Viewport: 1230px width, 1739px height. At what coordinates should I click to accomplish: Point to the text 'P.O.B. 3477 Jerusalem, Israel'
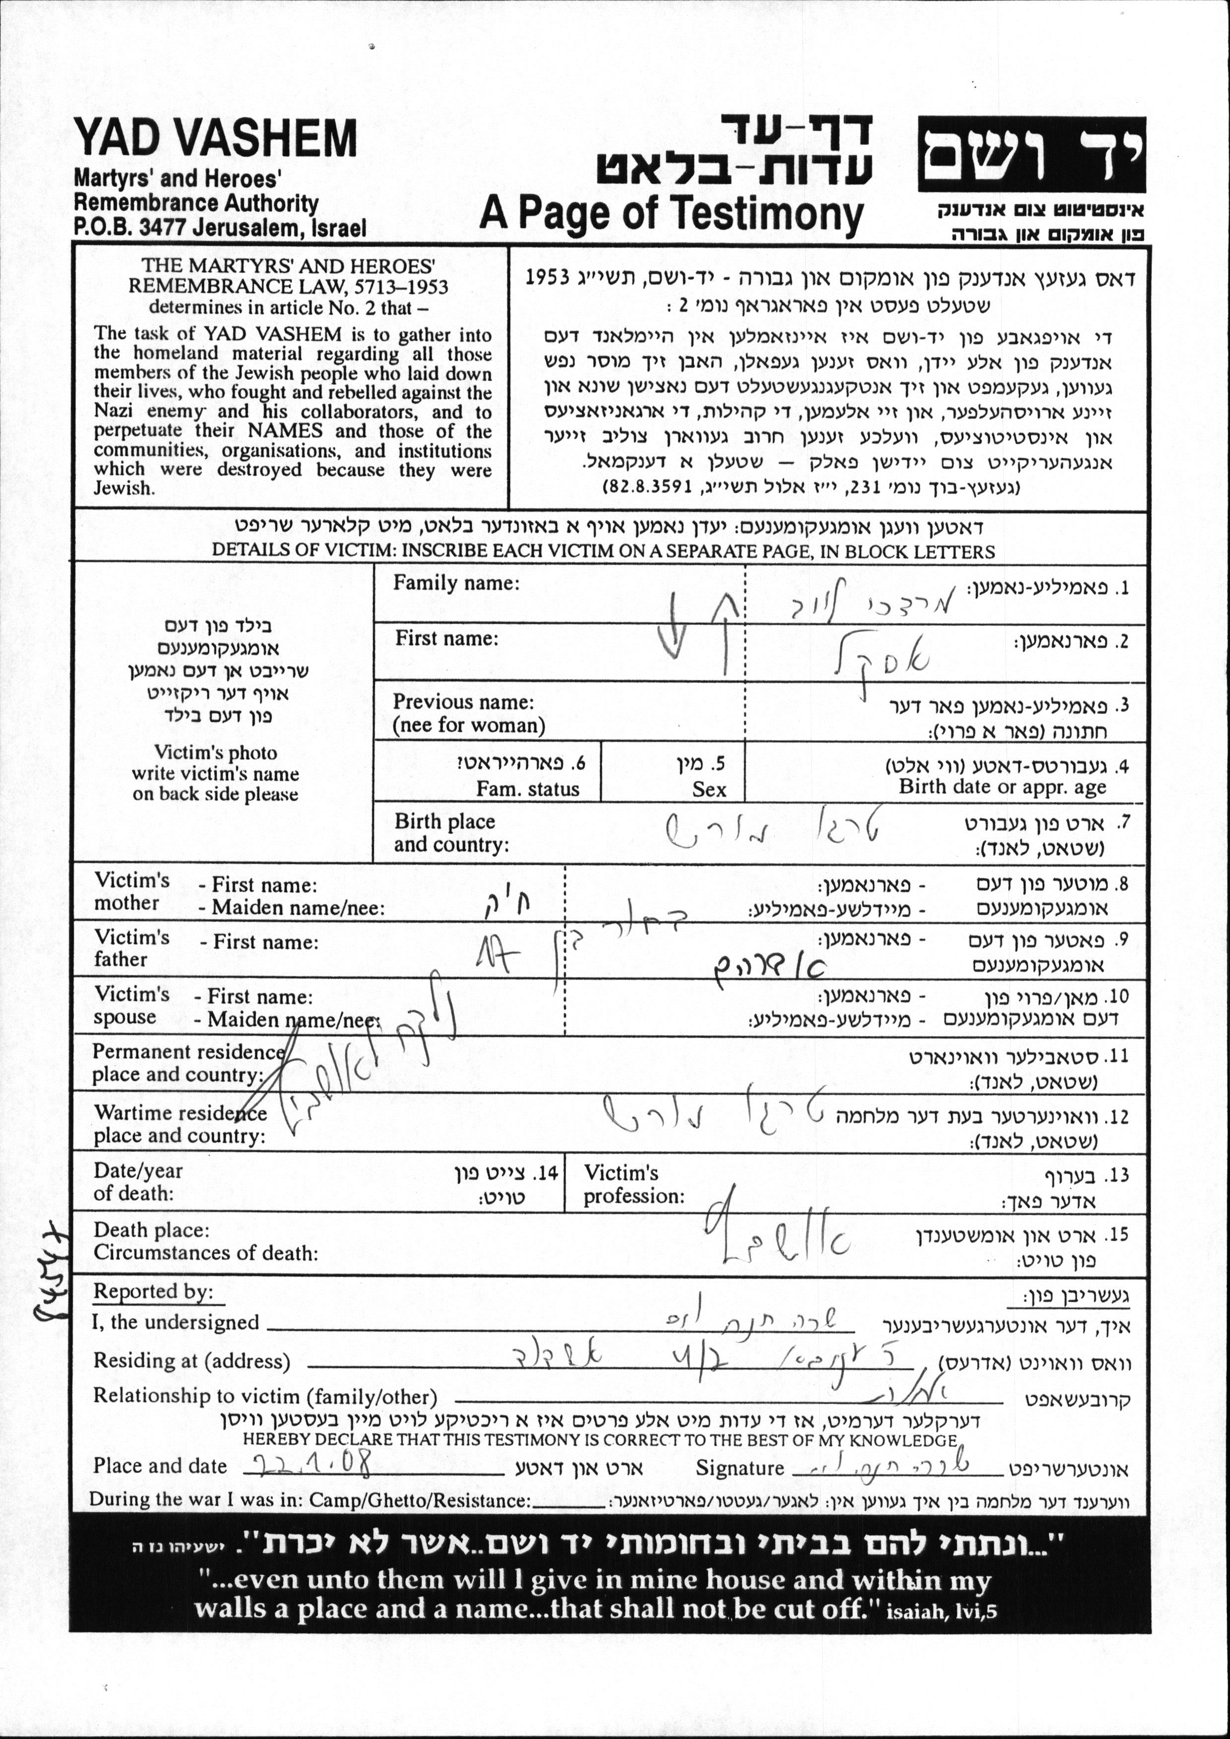click(x=220, y=227)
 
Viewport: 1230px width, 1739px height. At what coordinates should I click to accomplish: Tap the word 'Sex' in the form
click(x=709, y=790)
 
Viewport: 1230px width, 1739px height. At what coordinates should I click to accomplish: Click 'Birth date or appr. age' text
click(x=1002, y=787)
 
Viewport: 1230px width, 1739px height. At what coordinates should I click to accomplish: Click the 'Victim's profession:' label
click(x=633, y=1184)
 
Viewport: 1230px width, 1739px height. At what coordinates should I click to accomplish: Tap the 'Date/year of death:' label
click(x=138, y=1182)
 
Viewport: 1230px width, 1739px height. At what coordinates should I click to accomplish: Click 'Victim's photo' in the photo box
click(x=215, y=752)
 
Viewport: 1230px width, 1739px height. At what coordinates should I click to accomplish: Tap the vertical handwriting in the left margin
click(x=52, y=1273)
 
